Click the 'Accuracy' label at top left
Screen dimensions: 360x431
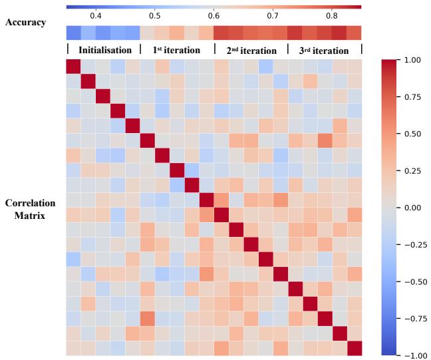tap(26, 22)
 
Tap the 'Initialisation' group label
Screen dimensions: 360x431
tap(105, 50)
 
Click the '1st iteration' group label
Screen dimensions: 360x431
tap(178, 50)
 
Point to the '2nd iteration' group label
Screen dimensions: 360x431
tap(251, 50)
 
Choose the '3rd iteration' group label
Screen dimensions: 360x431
tap(325, 50)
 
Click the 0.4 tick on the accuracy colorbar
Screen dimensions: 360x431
tap(96, 15)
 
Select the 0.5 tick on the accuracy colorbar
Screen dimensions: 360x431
tap(154, 15)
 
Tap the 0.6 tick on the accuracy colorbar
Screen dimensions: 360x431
tap(214, 15)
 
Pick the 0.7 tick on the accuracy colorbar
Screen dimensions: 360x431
tap(272, 15)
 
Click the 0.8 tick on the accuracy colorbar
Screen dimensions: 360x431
tap(331, 15)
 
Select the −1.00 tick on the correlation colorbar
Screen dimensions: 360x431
tap(412, 355)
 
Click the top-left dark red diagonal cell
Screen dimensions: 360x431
tap(74, 66)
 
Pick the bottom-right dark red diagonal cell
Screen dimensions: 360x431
tap(355, 348)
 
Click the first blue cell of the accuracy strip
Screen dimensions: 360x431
tap(74, 33)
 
